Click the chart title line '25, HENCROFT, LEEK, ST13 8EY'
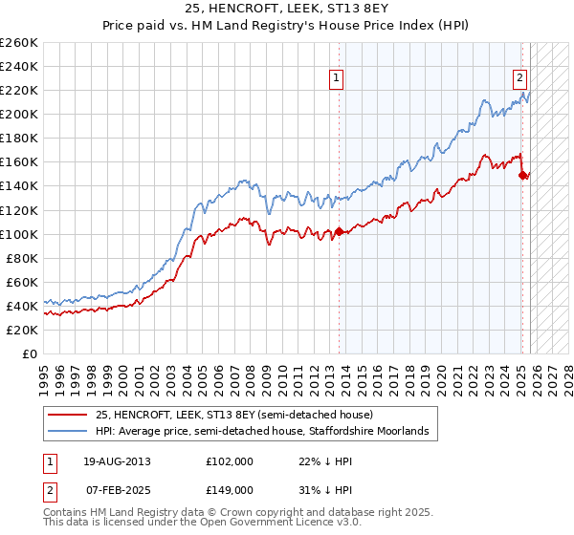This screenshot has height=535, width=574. pyautogui.click(x=287, y=11)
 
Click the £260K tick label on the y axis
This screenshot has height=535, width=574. pyautogui.click(x=19, y=43)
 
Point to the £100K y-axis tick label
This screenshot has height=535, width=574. pyautogui.click(x=19, y=234)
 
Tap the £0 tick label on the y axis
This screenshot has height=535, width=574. pyautogui.click(x=30, y=353)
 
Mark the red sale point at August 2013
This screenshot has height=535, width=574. pyautogui.click(x=339, y=231)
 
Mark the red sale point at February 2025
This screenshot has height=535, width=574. pyautogui.click(x=522, y=175)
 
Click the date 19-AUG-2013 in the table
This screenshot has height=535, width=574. pyautogui.click(x=118, y=460)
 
